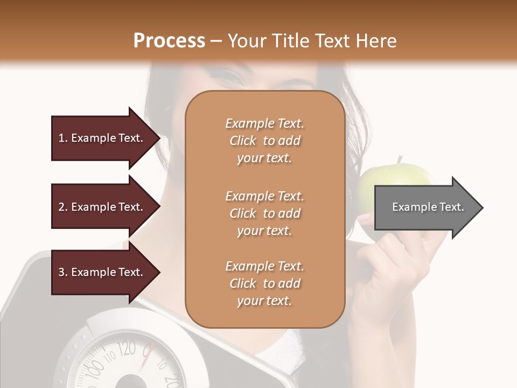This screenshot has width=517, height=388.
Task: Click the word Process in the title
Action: click(169, 41)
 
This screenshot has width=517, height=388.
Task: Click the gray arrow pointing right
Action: click(428, 207)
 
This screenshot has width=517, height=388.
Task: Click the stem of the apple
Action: click(400, 160)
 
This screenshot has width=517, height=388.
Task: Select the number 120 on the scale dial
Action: click(128, 349)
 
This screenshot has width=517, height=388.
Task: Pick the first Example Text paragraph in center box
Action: click(264, 141)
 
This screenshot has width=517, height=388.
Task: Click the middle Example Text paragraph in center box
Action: click(264, 213)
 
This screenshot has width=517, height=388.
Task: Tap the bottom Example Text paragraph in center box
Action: click(264, 283)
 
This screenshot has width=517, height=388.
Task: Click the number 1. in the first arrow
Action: click(63, 138)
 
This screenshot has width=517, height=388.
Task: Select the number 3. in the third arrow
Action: click(63, 272)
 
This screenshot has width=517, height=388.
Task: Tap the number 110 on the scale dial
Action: click(111, 357)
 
